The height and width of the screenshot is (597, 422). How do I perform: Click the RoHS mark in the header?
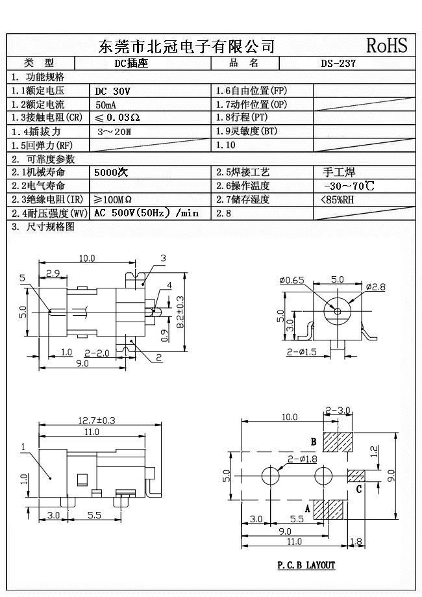pos(387,45)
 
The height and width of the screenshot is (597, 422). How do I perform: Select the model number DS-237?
pos(338,64)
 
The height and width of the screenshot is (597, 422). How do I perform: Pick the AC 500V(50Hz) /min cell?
pos(146,213)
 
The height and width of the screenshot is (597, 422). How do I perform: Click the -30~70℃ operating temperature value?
pos(348,186)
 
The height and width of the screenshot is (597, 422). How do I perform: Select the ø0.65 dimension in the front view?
pos(292,280)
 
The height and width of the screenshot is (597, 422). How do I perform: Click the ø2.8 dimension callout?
pos(376,286)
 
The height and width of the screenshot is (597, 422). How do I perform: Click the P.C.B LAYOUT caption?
pos(306,565)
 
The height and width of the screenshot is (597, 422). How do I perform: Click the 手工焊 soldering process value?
pos(339,172)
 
